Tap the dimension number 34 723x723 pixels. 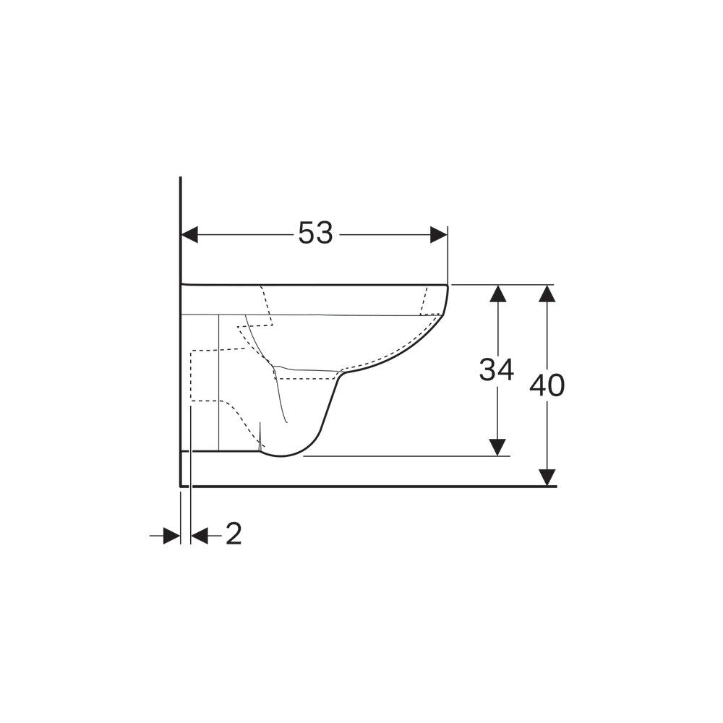[x=497, y=369]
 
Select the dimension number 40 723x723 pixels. [x=547, y=385]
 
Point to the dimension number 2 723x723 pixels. [x=234, y=534]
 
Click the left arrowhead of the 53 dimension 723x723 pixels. [x=189, y=235]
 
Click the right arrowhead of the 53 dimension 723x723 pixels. [x=439, y=235]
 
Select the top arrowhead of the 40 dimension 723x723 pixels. [x=547, y=294]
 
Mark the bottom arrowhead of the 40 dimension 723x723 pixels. [x=547, y=477]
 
